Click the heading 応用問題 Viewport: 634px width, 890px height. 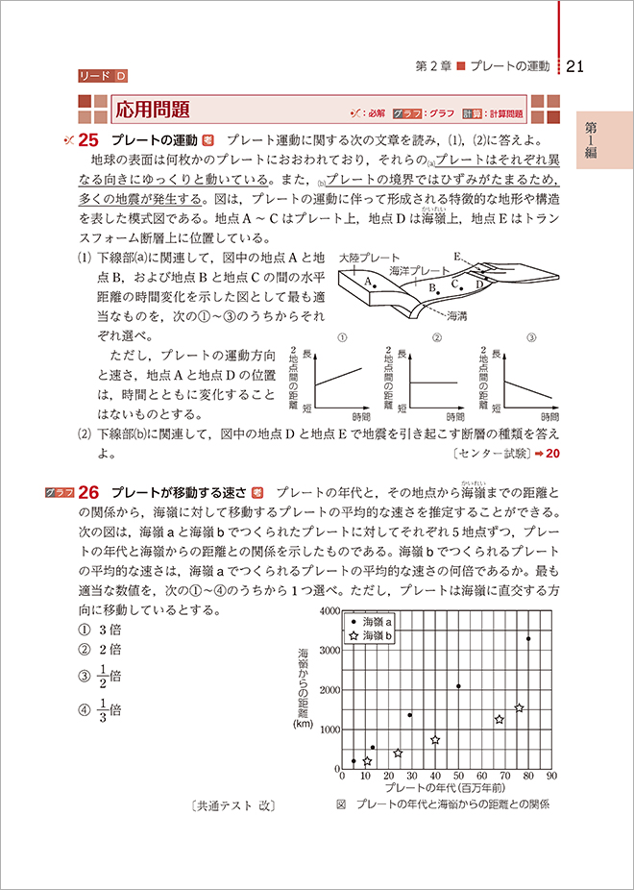[151, 108]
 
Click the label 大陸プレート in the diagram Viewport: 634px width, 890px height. [370, 259]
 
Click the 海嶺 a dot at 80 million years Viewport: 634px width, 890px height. [527, 638]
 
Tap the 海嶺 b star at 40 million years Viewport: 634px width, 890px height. [435, 740]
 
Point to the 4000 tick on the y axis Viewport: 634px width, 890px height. [331, 611]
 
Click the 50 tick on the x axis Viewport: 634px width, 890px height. [458, 776]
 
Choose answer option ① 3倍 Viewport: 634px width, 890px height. [99, 630]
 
